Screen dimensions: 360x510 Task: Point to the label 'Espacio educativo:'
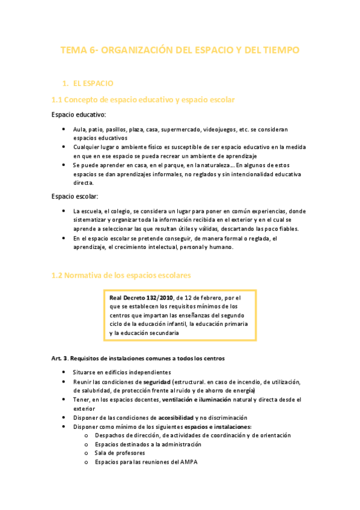point(79,114)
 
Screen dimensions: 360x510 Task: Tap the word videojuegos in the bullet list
point(220,129)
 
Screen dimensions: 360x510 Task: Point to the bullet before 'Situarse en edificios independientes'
point(64,373)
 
